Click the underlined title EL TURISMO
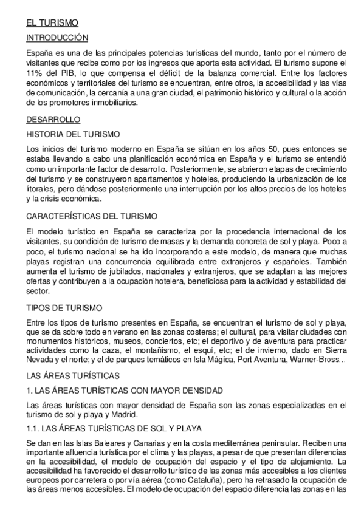(x=52, y=23)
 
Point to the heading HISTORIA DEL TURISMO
(x=73, y=134)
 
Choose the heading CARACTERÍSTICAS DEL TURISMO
(x=92, y=216)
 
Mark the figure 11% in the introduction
(x=34, y=73)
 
